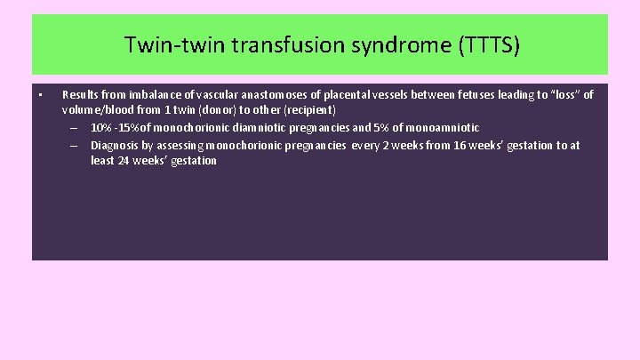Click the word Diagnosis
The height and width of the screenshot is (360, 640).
(x=114, y=145)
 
